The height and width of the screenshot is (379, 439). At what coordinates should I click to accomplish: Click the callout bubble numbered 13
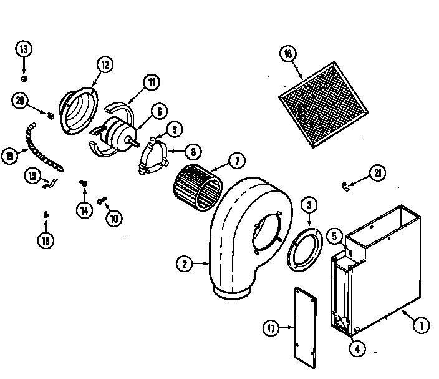[24, 49]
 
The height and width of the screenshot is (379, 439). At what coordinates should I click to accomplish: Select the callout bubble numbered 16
[287, 54]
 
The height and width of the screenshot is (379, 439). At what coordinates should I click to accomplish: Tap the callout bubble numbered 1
[420, 324]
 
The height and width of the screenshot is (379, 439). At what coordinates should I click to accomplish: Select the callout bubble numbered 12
[104, 63]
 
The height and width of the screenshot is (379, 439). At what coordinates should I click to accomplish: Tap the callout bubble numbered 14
[83, 210]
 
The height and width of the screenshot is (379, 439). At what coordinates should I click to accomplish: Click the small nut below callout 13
[24, 78]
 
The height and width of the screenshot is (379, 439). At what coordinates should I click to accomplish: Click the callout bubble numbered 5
[334, 236]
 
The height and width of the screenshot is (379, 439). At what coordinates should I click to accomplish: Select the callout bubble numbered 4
[357, 349]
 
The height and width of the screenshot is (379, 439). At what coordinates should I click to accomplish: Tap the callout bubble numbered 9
[175, 129]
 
